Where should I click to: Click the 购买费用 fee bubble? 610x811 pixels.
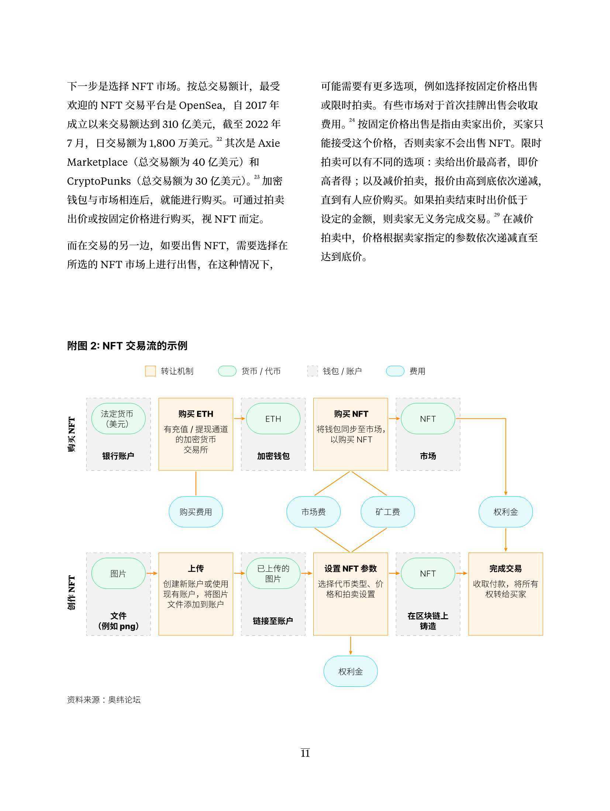tap(196, 512)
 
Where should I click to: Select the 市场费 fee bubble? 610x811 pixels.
tap(313, 512)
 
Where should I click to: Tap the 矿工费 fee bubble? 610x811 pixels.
tap(387, 512)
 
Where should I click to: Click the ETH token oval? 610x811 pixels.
tap(273, 419)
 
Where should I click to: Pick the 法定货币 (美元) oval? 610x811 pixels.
tap(118, 419)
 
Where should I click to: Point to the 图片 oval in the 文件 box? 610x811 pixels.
tap(118, 574)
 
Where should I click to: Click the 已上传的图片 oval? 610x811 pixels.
tap(273, 574)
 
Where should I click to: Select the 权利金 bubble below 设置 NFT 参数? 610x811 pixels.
tap(351, 671)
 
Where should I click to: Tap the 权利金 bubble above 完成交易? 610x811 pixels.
tap(506, 512)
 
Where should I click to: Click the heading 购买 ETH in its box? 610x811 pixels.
tap(196, 414)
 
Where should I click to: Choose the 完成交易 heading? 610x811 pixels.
tap(506, 569)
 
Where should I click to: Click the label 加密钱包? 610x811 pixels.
tap(273, 456)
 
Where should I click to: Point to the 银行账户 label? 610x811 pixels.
tap(118, 456)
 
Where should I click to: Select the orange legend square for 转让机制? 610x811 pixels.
tap(150, 371)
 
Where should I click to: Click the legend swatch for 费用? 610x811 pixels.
tap(395, 371)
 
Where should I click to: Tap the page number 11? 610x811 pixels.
tap(305, 753)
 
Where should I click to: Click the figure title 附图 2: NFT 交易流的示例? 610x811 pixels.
tap(127, 346)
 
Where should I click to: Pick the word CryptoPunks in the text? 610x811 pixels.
tap(99, 181)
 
